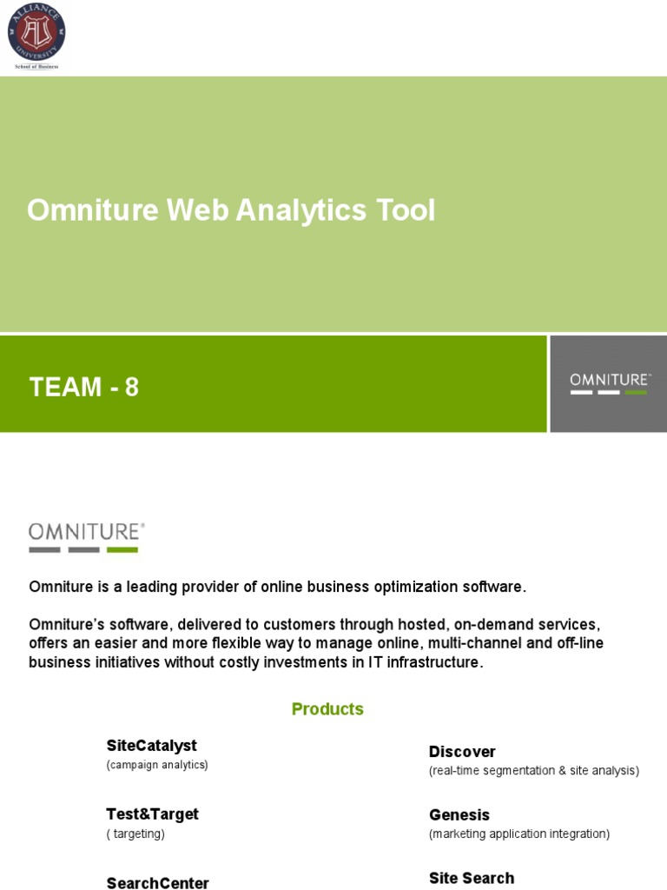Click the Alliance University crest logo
pyautogui.click(x=36, y=32)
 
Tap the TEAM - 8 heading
pyautogui.click(x=84, y=388)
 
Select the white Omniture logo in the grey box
pyautogui.click(x=610, y=382)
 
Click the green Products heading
pyautogui.click(x=327, y=709)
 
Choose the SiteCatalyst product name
pyautogui.click(x=152, y=746)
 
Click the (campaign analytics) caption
pyautogui.click(x=157, y=765)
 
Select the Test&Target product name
pyautogui.click(x=152, y=814)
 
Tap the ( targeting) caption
pyautogui.click(x=135, y=834)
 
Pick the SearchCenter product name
pyautogui.click(x=158, y=883)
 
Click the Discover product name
pyautogui.click(x=462, y=752)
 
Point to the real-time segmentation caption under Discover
pyautogui.click(x=533, y=771)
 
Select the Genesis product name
pyautogui.click(x=459, y=815)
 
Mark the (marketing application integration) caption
pyautogui.click(x=519, y=834)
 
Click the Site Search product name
pyautogui.click(x=472, y=878)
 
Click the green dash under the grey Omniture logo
pyautogui.click(x=122, y=549)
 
